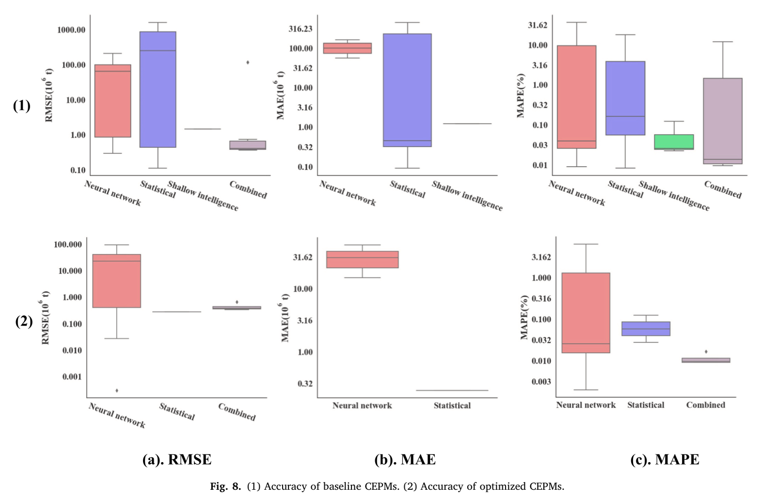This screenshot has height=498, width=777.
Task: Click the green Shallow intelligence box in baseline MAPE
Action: point(674,141)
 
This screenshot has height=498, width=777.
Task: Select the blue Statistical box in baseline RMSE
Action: point(158,90)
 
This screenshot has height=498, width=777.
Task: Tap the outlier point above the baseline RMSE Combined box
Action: point(248,62)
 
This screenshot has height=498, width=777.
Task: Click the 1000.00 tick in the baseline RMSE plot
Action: point(71,30)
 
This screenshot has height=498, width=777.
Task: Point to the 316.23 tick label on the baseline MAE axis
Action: point(301,29)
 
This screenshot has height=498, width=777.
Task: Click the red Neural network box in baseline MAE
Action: point(347,48)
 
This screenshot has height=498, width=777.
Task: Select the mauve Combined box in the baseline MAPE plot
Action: point(722,121)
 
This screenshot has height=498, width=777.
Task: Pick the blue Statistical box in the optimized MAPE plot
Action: point(646,328)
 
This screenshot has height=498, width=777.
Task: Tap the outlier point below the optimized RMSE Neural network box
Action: point(117,390)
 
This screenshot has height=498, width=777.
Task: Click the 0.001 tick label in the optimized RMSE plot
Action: point(72,376)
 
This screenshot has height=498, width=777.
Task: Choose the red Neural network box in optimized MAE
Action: point(362,259)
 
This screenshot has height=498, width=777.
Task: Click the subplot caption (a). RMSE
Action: point(177,459)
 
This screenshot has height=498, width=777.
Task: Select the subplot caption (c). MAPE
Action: point(665,459)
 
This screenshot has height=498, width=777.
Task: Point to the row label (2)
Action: point(24,321)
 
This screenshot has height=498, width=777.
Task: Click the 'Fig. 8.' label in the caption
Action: point(225,486)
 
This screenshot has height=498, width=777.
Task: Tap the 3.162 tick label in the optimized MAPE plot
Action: point(541,257)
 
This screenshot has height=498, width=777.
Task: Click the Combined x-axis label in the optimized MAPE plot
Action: point(705,405)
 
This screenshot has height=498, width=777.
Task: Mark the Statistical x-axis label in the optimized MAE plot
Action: point(452,405)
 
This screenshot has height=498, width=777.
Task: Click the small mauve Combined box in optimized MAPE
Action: point(705,360)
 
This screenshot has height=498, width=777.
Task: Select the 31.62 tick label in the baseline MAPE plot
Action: point(538,25)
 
